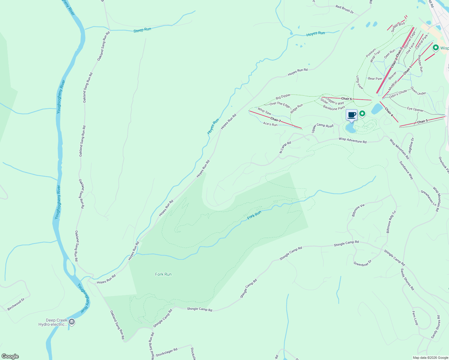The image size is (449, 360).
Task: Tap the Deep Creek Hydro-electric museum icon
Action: [71, 322]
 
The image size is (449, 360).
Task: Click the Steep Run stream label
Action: [142, 30]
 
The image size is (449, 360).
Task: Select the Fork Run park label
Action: [163, 274]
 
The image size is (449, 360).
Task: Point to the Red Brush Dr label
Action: [345, 9]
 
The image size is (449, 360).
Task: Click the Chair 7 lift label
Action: [276, 120]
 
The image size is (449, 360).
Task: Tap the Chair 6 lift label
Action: [346, 99]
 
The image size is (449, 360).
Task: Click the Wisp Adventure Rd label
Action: [352, 140]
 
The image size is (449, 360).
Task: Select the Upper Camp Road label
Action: [322, 127]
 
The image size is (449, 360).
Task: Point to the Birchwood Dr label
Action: [16, 304]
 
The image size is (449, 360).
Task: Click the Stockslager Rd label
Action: [167, 352]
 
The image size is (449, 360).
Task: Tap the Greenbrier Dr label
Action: [362, 263]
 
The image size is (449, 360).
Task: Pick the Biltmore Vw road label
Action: [358, 210]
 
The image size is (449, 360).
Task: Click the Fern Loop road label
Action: [415, 318]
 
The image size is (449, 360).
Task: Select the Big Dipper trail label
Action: [283, 96]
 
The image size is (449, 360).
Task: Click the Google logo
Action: [10, 356]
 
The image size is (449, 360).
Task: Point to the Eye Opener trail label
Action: [415, 109]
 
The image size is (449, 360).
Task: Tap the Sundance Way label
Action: [406, 170]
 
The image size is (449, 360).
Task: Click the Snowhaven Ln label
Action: [428, 198]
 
